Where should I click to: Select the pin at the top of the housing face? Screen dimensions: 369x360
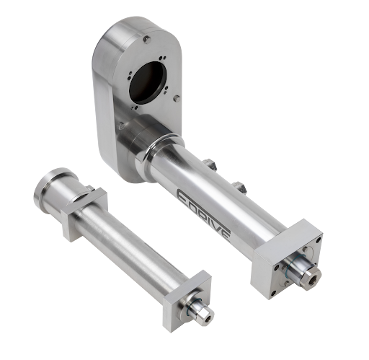(x=147, y=39)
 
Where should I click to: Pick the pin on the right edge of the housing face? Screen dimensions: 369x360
(x=177, y=98)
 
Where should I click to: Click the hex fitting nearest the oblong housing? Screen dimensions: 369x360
(x=211, y=164)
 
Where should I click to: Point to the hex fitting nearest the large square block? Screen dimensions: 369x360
(x=239, y=187)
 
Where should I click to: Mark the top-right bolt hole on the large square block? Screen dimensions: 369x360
(x=319, y=240)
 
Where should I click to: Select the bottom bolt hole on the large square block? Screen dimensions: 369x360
(x=273, y=293)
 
